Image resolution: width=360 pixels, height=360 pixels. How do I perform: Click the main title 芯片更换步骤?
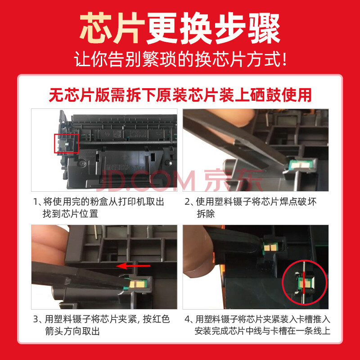[180, 28]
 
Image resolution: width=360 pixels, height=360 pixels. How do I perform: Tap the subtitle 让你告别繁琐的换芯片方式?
[181, 59]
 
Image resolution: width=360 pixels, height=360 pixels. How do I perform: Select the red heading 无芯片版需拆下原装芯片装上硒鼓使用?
[180, 95]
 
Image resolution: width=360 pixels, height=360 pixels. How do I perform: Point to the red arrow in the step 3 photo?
[133, 266]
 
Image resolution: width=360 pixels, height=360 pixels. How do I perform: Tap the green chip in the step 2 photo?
[297, 165]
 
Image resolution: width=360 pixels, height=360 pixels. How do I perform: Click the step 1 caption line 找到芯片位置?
[71, 214]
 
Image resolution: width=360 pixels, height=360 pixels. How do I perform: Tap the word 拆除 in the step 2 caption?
[206, 214]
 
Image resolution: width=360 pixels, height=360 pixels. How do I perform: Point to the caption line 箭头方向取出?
[72, 331]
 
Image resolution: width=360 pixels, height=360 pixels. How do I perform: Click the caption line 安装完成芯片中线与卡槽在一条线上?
[262, 331]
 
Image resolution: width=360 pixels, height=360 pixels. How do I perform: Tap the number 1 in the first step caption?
[36, 202]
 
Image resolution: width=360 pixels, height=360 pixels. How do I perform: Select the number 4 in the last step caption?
[187, 319]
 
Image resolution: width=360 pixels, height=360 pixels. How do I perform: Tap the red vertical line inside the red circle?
[304, 283]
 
